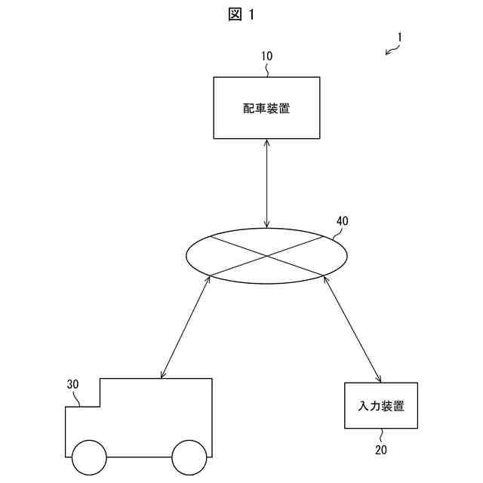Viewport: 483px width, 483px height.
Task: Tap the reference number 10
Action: [x=267, y=56]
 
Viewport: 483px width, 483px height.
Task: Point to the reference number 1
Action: [x=401, y=36]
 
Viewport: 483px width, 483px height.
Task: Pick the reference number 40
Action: [x=342, y=222]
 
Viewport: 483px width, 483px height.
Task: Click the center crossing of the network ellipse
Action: [x=266, y=256]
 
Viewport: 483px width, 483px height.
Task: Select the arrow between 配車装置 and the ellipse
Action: [x=266, y=183]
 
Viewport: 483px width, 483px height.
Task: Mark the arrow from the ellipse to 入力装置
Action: [x=352, y=328]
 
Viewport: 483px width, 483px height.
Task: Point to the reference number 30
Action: [x=73, y=384]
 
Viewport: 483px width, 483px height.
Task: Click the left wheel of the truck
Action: [x=89, y=457]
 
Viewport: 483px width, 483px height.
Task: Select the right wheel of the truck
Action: [x=189, y=457]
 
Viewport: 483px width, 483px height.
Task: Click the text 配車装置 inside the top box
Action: [x=266, y=109]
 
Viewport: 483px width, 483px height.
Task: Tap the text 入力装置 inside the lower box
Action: [x=381, y=407]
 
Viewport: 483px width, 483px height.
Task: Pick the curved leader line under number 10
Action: [x=268, y=69]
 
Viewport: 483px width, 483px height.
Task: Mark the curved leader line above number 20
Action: [x=380, y=435]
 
